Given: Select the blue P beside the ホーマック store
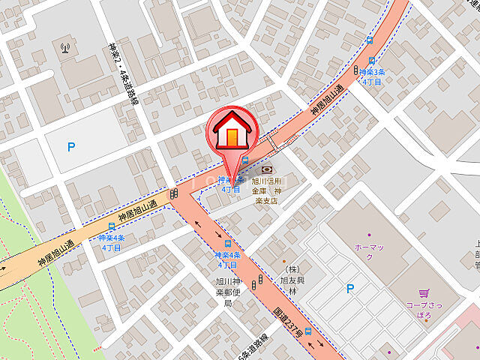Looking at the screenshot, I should tap(349, 289).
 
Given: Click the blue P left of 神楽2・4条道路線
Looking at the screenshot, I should tap(71, 147).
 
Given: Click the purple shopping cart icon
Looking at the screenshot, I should tap(424, 293).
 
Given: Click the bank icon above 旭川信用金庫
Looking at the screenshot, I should tap(268, 170).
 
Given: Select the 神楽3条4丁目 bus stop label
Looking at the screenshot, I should tap(372, 77).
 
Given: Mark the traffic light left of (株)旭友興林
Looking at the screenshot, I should tap(259, 282).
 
